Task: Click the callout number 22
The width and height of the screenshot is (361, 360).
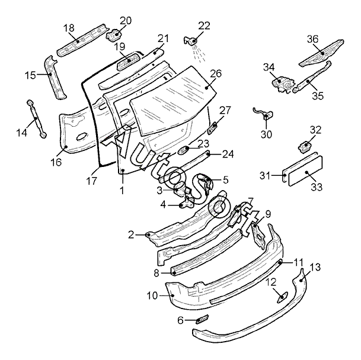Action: pos(204,26)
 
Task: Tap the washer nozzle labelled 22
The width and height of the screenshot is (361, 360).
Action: pos(191,41)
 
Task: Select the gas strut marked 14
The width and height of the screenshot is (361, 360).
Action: pos(37,118)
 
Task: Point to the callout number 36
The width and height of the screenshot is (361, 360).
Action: pos(312,39)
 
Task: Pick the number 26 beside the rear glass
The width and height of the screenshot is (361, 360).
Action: pos(216,73)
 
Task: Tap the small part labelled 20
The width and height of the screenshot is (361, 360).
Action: pos(113,34)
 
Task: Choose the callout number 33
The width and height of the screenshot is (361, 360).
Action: pos(317,187)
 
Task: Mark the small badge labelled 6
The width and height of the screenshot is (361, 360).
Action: pos(202,319)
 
